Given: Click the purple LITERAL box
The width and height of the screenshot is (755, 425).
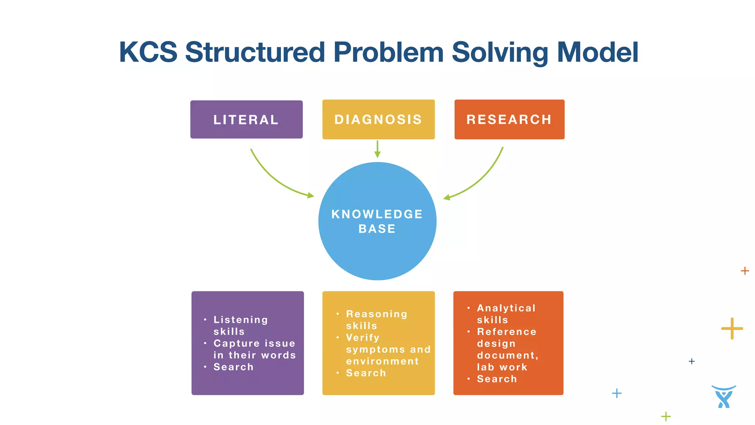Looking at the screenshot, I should pyautogui.click(x=246, y=120).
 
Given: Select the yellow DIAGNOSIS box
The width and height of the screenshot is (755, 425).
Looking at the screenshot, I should pyautogui.click(x=378, y=120).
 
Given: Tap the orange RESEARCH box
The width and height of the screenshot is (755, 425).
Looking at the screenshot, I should pyautogui.click(x=509, y=120).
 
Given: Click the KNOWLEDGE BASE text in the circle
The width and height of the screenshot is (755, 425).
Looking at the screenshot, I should pyautogui.click(x=377, y=221).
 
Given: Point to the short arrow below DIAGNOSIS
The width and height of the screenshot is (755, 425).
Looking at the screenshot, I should pyautogui.click(x=377, y=149).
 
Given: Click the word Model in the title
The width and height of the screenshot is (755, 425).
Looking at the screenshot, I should pyautogui.click(x=598, y=52).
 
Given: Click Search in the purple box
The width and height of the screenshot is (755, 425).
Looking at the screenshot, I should pyautogui.click(x=233, y=367).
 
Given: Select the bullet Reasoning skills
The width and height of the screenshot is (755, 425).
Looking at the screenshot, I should pyautogui.click(x=376, y=319).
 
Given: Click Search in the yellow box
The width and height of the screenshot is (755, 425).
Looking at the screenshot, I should pyautogui.click(x=366, y=373).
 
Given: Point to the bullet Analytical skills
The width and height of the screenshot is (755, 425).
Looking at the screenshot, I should pyautogui.click(x=506, y=314).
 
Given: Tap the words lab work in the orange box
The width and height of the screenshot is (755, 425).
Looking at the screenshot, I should pyautogui.click(x=502, y=367).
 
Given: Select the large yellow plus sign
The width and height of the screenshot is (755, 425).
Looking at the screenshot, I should pyautogui.click(x=732, y=328).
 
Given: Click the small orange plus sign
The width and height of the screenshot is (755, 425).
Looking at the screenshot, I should pyautogui.click(x=745, y=271).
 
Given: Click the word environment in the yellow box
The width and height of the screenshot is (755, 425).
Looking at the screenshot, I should pyautogui.click(x=382, y=361).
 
